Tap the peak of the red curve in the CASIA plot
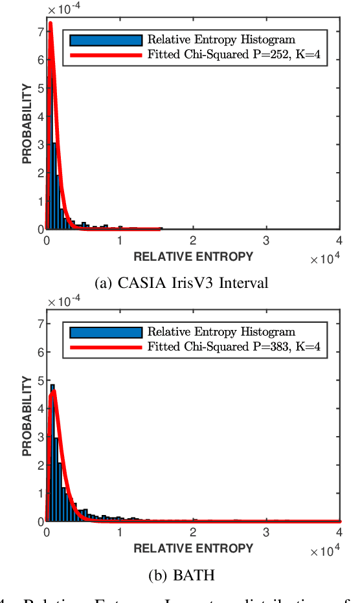(50, 24)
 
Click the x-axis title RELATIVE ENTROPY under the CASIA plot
(193, 257)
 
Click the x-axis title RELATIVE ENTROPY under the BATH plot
(193, 549)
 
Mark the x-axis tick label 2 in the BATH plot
(194, 532)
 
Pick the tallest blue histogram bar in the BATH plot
(52, 453)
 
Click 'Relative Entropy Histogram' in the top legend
(221, 41)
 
